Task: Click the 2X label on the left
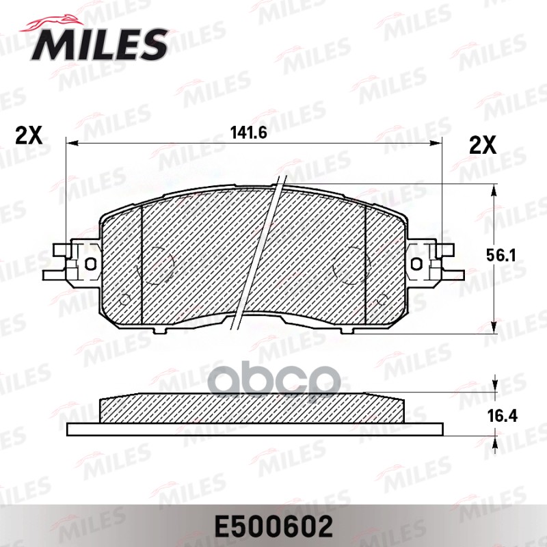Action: [x=29, y=135]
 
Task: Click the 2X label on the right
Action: [x=482, y=144]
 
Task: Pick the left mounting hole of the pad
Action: [x=90, y=263]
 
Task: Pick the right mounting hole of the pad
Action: [x=416, y=263]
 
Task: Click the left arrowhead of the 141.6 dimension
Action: [x=70, y=143]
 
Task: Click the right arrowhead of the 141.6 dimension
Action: [x=438, y=143]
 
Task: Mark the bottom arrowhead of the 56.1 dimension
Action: [x=494, y=329]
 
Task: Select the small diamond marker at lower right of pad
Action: [x=382, y=298]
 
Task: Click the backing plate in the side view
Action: [x=255, y=429]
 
